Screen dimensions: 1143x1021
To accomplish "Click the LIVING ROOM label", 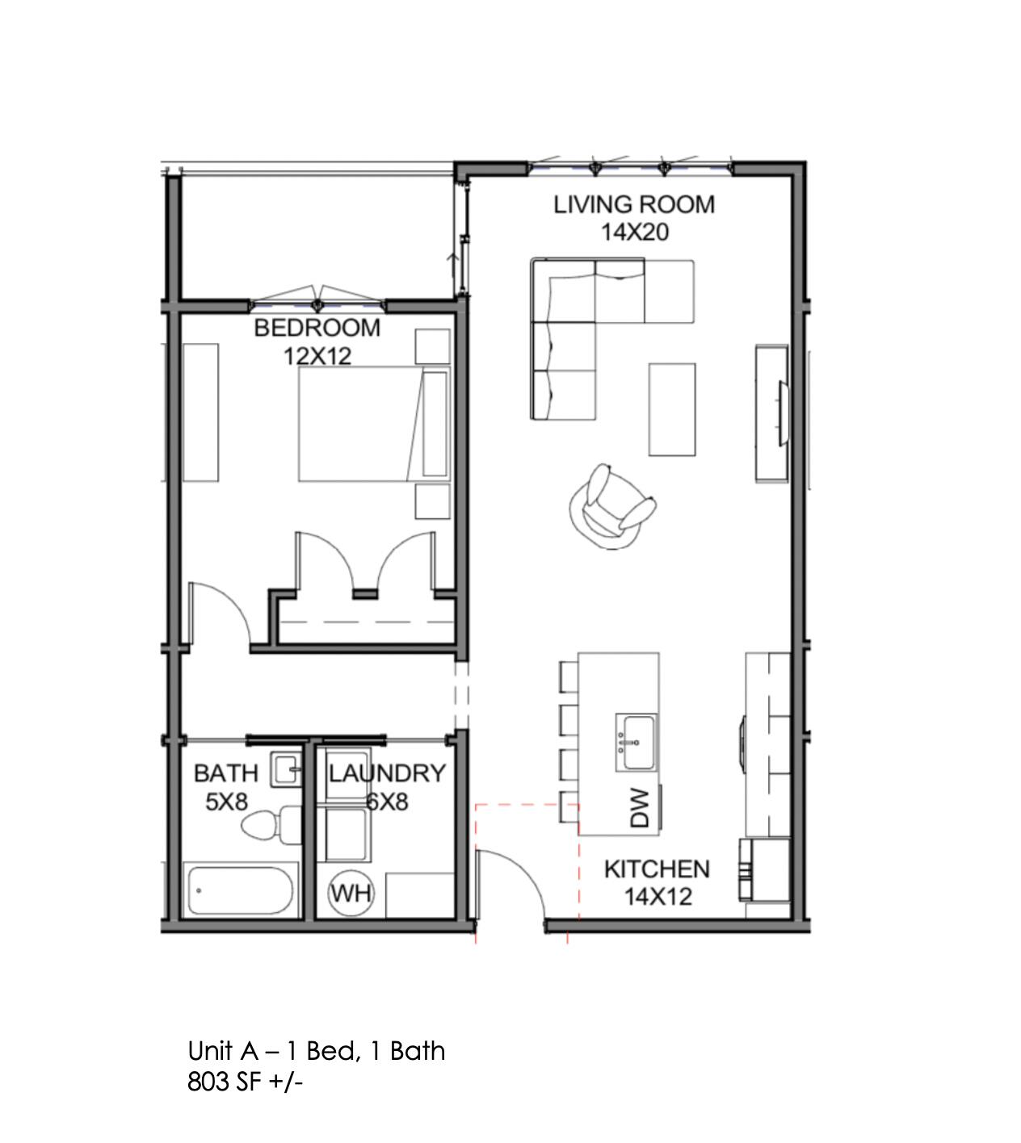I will tap(634, 204).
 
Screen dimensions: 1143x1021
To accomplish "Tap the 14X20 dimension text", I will tap(634, 232).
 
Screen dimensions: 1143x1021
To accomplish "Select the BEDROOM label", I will tap(317, 328).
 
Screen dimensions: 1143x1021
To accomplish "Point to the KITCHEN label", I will tap(657, 869).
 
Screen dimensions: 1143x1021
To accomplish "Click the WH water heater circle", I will tap(351, 894).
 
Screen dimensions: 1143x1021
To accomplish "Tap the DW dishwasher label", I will tap(640, 808).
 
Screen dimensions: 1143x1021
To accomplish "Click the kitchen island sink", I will tap(637, 742).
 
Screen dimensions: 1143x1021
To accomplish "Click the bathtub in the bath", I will tap(241, 891).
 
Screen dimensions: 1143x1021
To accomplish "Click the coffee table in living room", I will tap(672, 409).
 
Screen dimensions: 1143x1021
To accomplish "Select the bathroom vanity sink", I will tap(285, 769).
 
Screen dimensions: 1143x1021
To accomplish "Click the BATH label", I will tap(225, 773).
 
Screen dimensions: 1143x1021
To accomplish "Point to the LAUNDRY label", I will tap(386, 773).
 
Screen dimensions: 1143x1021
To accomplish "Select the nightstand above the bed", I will tap(432, 346).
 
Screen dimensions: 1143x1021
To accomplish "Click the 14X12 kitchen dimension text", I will tap(658, 897).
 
